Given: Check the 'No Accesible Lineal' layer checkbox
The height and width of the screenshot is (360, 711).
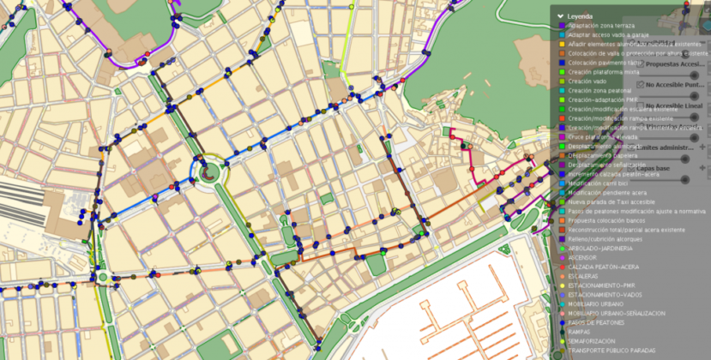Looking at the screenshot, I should (x=639, y=105).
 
